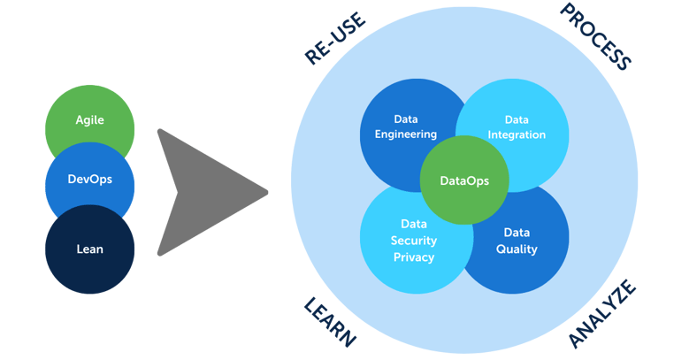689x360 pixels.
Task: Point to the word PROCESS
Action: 596,36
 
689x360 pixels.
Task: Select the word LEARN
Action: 330,323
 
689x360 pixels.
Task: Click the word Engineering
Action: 406,134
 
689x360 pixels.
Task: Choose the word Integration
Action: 517,135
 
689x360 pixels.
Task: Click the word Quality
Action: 517,249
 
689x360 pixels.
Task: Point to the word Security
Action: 414,241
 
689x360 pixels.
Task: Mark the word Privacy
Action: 414,257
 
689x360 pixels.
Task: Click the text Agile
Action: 89,119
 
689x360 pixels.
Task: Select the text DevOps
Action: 89,179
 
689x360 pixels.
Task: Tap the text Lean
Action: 89,249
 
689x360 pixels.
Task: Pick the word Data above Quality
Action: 517,233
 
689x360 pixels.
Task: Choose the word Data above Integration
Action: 517,119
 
